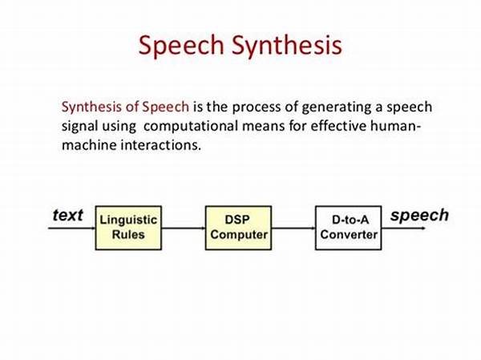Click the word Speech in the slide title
[x=181, y=46]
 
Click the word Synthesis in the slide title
[x=286, y=46]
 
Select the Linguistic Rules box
[x=128, y=228]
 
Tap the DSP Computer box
[x=238, y=228]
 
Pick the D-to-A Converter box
[x=349, y=228]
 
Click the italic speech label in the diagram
[x=419, y=216]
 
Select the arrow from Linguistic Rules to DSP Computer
[x=184, y=228]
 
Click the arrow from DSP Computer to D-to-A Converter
[x=293, y=228]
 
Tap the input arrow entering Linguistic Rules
[x=72, y=228]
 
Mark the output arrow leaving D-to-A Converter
[x=404, y=228]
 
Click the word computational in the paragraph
[x=191, y=127]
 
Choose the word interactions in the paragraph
[x=161, y=145]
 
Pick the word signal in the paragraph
[x=79, y=127]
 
